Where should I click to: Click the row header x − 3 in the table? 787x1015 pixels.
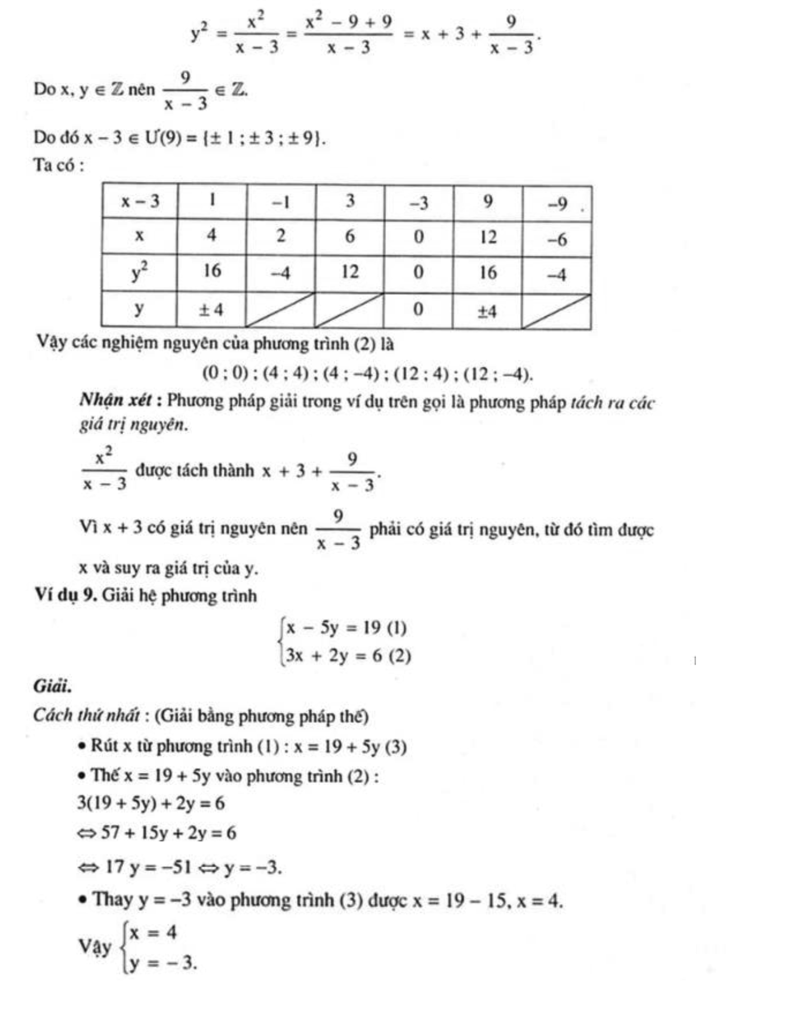[x=140, y=202]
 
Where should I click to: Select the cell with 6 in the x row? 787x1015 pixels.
[x=350, y=236]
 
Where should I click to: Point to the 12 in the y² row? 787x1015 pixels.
[x=350, y=272]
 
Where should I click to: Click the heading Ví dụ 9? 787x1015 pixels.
[x=65, y=595]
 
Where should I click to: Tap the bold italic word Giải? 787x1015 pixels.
[x=52, y=686]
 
